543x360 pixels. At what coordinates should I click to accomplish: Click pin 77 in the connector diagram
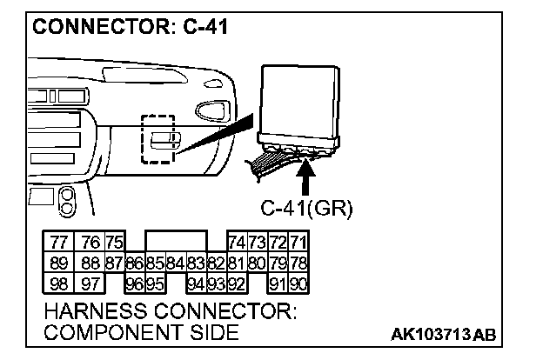click(58, 243)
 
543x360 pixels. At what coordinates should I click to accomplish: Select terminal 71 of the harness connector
click(298, 243)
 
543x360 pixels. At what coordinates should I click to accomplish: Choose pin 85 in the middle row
click(155, 262)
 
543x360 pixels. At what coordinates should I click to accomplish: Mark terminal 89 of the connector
click(58, 262)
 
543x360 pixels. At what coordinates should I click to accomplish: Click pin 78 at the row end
click(298, 262)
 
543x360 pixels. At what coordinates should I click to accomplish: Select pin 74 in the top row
click(236, 243)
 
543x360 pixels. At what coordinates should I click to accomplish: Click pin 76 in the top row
click(90, 243)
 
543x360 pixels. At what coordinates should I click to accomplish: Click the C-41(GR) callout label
click(305, 208)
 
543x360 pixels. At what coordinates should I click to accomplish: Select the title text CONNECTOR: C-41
click(131, 27)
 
